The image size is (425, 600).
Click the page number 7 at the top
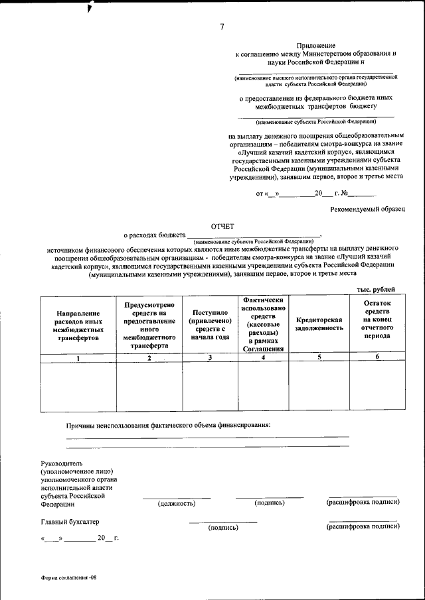(222, 27)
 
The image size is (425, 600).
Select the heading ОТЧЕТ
(222, 227)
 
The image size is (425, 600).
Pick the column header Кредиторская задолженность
(319, 324)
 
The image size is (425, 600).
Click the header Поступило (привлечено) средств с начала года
(210, 324)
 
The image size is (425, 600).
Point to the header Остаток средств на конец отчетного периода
(377, 319)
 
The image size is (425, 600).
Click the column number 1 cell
(78, 359)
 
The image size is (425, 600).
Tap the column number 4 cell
(263, 359)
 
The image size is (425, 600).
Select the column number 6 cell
(377, 358)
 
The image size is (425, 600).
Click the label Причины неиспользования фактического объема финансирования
(168, 424)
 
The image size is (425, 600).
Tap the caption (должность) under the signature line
(176, 503)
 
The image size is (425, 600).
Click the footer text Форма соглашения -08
(68, 577)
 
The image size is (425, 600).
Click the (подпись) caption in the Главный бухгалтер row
(223, 528)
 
